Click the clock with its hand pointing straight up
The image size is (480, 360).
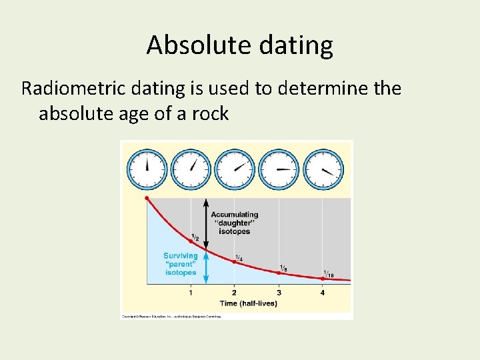pyautogui.click(x=147, y=169)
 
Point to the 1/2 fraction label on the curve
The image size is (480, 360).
pyautogui.click(x=195, y=237)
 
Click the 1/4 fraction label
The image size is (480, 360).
pyautogui.click(x=239, y=258)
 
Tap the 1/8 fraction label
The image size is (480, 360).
pyautogui.click(x=283, y=268)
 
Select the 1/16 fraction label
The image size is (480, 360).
pyautogui.click(x=329, y=273)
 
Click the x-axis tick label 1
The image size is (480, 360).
pyautogui.click(x=191, y=293)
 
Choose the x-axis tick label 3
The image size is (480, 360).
pyautogui.click(x=279, y=293)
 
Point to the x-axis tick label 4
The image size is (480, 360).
pyautogui.click(x=323, y=293)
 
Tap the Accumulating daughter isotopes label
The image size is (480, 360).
pyautogui.click(x=234, y=223)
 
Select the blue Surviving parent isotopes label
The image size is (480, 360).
pyautogui.click(x=181, y=264)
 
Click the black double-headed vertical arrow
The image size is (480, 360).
pyautogui.click(x=206, y=223)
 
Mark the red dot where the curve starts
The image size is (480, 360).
pyautogui.click(x=147, y=198)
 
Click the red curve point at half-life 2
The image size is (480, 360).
pyautogui.click(x=234, y=262)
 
